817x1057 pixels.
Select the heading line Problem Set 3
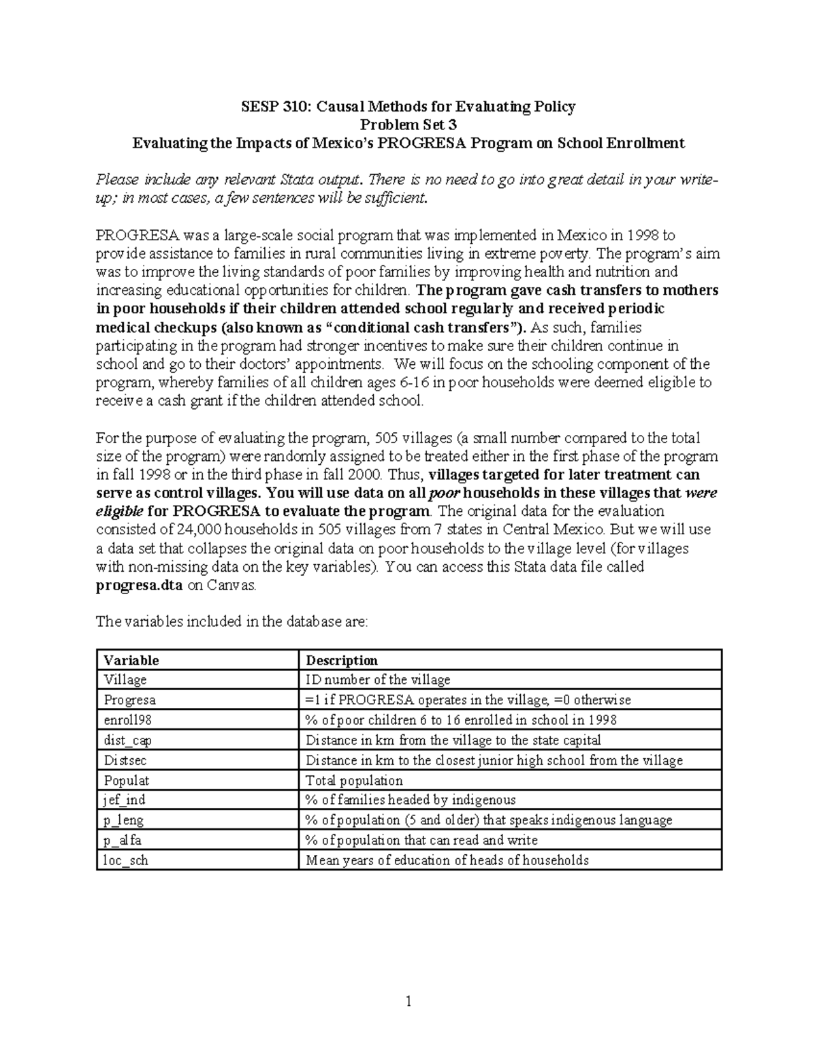point(408,125)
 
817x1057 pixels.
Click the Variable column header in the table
point(130,660)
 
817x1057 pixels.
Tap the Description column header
point(341,660)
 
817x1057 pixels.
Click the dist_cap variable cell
point(127,741)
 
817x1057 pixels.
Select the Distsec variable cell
point(125,760)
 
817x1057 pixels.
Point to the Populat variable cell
point(126,780)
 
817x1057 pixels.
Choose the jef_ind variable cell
point(124,800)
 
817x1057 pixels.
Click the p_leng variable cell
point(123,820)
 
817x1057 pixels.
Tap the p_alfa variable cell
point(123,840)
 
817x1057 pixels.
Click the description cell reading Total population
point(354,780)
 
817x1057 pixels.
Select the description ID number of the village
point(378,680)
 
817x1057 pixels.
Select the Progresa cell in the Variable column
point(129,700)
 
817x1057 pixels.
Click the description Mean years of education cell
point(447,860)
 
